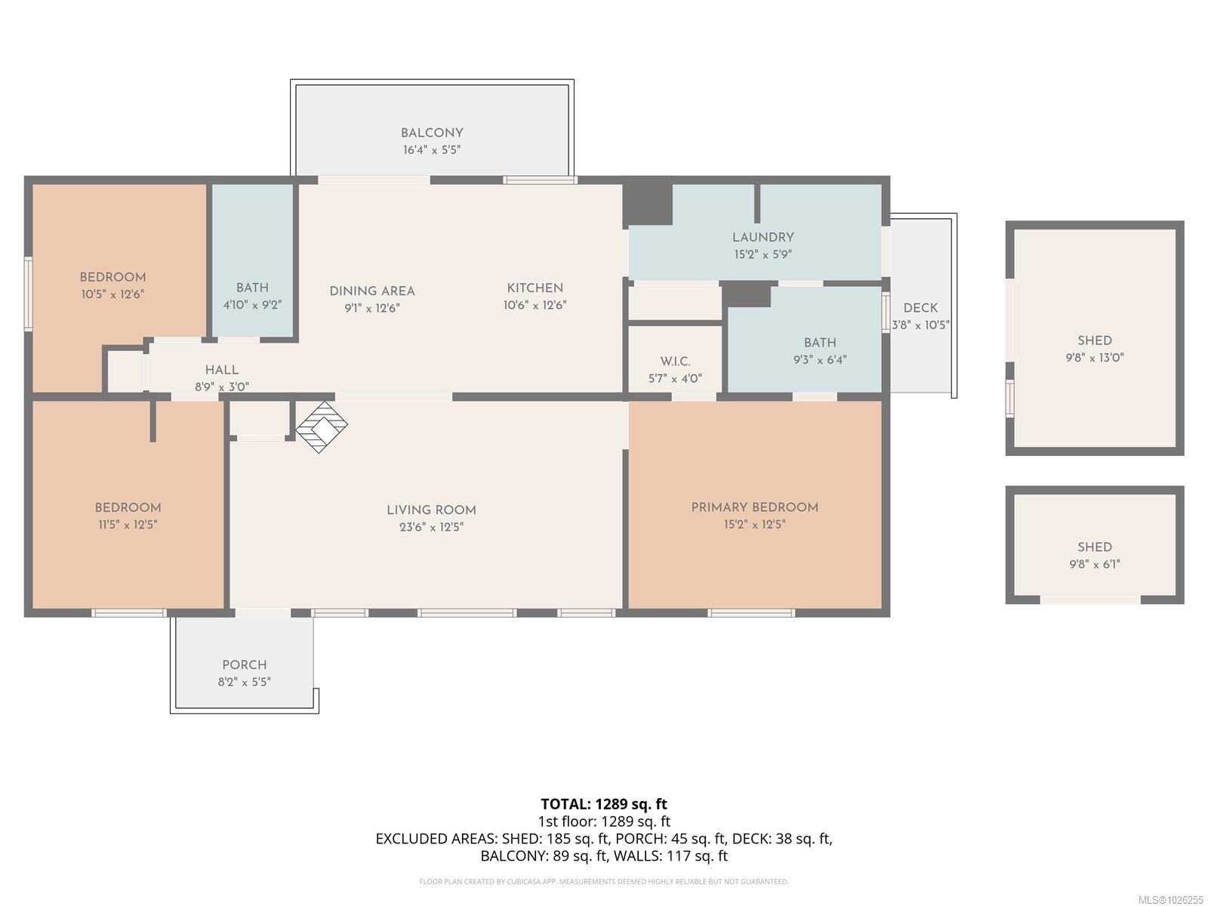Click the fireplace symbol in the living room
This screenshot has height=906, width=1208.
point(322,427)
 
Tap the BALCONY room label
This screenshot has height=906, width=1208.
point(431,133)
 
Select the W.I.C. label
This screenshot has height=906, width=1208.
point(675,362)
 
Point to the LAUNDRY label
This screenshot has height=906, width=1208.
point(763,237)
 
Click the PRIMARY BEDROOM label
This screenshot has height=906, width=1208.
point(754,507)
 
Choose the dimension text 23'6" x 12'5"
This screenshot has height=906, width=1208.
point(431,527)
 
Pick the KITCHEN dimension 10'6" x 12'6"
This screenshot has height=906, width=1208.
point(535,305)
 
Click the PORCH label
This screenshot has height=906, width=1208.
point(245,664)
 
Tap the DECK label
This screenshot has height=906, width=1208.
point(920,308)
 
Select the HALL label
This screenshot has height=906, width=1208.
point(222,370)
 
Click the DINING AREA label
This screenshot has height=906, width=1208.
point(372,291)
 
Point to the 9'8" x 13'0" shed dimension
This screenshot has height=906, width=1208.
point(1095,358)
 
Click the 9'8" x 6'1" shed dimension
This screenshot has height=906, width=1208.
point(1095,564)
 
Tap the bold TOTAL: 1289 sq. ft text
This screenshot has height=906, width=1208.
point(604,804)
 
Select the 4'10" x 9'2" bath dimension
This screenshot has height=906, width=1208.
point(253,304)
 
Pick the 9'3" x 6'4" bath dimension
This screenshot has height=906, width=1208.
point(820,360)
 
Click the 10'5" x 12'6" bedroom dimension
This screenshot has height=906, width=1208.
point(112,294)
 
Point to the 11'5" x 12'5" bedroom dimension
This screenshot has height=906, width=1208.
point(128,525)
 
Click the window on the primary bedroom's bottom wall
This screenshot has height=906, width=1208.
point(751,613)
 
